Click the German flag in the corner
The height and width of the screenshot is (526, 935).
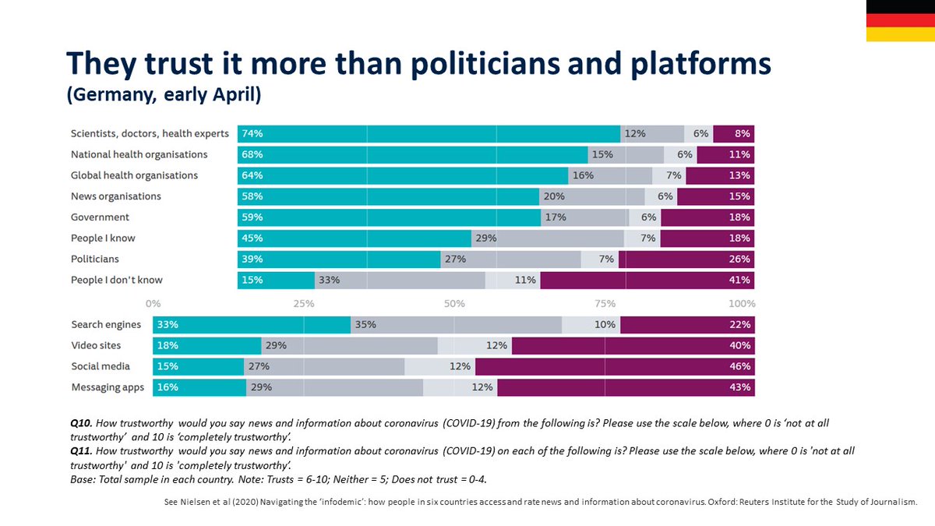901,20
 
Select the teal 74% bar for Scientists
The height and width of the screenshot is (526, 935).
429,133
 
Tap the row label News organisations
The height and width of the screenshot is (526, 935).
116,196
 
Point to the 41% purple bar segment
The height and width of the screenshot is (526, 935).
647,280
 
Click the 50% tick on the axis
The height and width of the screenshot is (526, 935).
454,303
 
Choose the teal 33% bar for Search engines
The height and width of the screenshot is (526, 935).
252,324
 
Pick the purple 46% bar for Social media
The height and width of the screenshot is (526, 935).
615,366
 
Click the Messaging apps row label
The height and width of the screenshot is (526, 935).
107,387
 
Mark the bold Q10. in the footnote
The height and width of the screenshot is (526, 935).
80,423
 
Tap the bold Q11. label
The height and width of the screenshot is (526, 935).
80,451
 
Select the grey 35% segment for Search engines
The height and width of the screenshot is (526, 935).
456,324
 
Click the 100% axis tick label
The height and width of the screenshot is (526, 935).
741,303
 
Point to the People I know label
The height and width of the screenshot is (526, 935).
103,238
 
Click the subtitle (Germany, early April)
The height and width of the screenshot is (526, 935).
163,96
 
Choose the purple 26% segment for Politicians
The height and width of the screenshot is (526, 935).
686,259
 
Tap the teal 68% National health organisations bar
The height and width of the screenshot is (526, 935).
412,154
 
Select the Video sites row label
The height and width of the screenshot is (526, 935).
96,345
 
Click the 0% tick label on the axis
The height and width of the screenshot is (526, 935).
153,303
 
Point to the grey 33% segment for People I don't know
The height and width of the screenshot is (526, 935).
400,280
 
